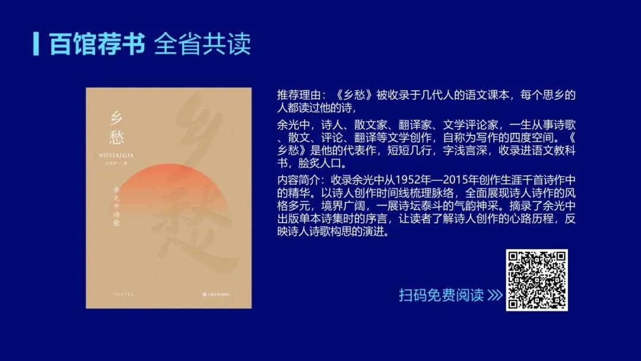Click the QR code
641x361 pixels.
pos(537,280)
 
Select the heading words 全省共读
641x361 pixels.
pos(202,44)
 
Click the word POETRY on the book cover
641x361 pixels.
pos(124,294)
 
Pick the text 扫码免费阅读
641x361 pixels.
pos(441,295)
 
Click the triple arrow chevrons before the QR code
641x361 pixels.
pos(494,295)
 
